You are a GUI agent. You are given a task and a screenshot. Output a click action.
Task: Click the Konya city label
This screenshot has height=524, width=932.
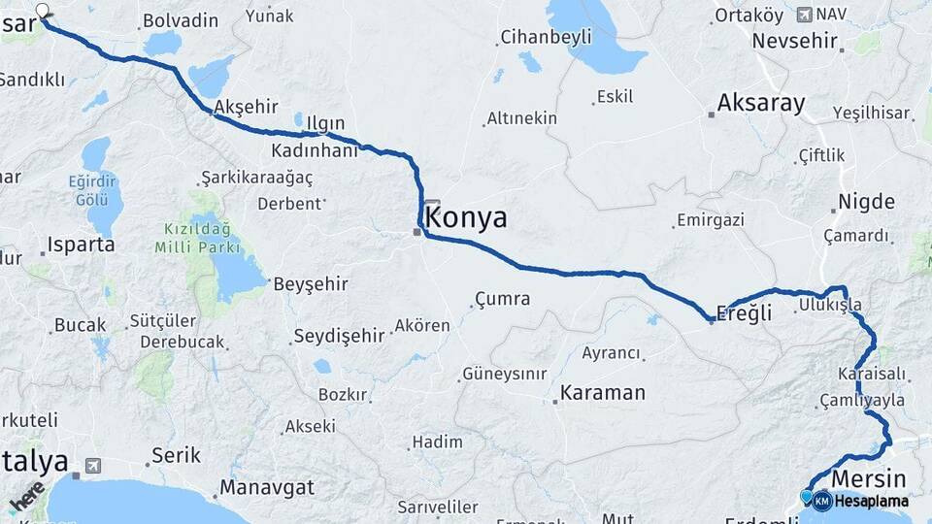pos(466,218)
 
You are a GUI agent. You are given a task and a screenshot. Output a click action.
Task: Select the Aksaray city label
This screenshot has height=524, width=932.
pos(761,104)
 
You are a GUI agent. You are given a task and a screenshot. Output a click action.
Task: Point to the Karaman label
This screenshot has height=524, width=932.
pos(602,393)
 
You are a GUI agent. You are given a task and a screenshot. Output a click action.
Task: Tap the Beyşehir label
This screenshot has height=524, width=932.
pos(310,284)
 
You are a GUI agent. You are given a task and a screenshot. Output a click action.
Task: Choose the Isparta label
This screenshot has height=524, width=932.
pos(77,245)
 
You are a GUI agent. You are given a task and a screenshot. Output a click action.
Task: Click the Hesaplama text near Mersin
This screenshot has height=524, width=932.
pos(872,502)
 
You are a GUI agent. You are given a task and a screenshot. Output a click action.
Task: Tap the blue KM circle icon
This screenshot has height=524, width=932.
pos(822,502)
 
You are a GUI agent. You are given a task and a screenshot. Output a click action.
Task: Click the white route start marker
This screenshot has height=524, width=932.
pos(42,11)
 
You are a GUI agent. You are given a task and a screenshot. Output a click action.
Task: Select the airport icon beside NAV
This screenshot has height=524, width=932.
pos(803,15)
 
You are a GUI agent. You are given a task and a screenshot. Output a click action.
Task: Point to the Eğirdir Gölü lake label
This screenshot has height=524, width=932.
pos(91,189)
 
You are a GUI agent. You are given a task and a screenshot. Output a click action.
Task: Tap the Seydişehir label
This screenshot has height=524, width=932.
pos(339,336)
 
